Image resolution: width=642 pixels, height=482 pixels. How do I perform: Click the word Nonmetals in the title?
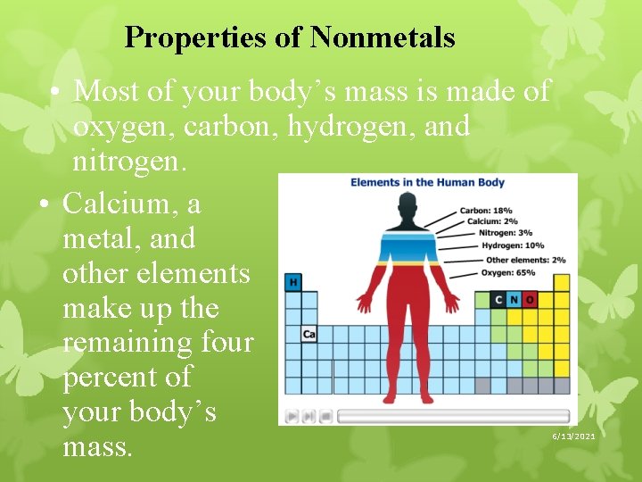click(x=383, y=37)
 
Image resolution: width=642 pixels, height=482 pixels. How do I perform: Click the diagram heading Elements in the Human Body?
click(x=427, y=183)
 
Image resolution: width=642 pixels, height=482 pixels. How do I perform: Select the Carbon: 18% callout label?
click(x=486, y=211)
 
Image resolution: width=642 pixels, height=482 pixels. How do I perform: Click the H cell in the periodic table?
click(x=292, y=283)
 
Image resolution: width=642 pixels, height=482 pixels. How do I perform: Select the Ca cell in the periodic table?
click(x=309, y=334)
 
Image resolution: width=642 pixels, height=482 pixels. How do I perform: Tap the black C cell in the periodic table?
click(x=498, y=300)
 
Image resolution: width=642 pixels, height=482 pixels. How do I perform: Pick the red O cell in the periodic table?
click(x=530, y=300)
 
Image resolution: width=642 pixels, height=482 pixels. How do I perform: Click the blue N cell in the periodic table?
click(x=514, y=300)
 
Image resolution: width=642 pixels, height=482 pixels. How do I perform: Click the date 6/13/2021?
click(x=572, y=436)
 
